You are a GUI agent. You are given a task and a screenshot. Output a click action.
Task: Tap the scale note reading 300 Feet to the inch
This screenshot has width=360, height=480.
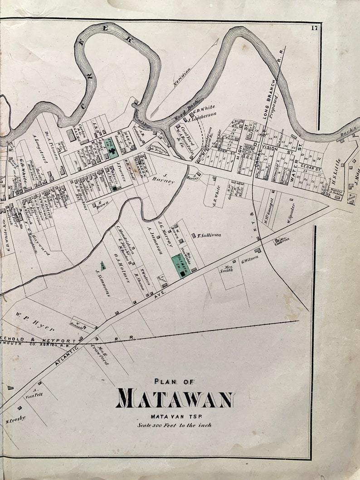click(175, 425)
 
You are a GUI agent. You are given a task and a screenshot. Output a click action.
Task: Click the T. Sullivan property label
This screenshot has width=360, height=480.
click(209, 236)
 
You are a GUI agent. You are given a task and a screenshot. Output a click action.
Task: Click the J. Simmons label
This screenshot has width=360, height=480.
click(103, 282)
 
